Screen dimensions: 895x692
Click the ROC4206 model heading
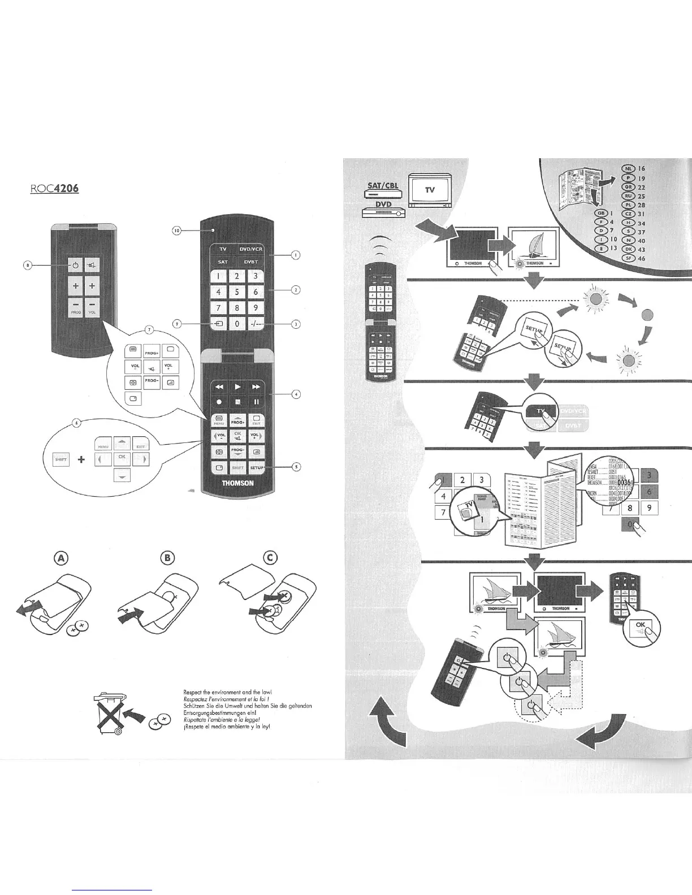54,186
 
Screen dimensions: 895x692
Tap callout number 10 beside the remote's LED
176,230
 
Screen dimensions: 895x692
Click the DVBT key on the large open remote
251,262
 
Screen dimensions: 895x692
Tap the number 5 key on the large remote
237,292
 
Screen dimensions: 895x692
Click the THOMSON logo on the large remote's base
237,484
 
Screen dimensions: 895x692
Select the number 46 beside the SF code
642,258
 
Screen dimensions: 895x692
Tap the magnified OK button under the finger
640,625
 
